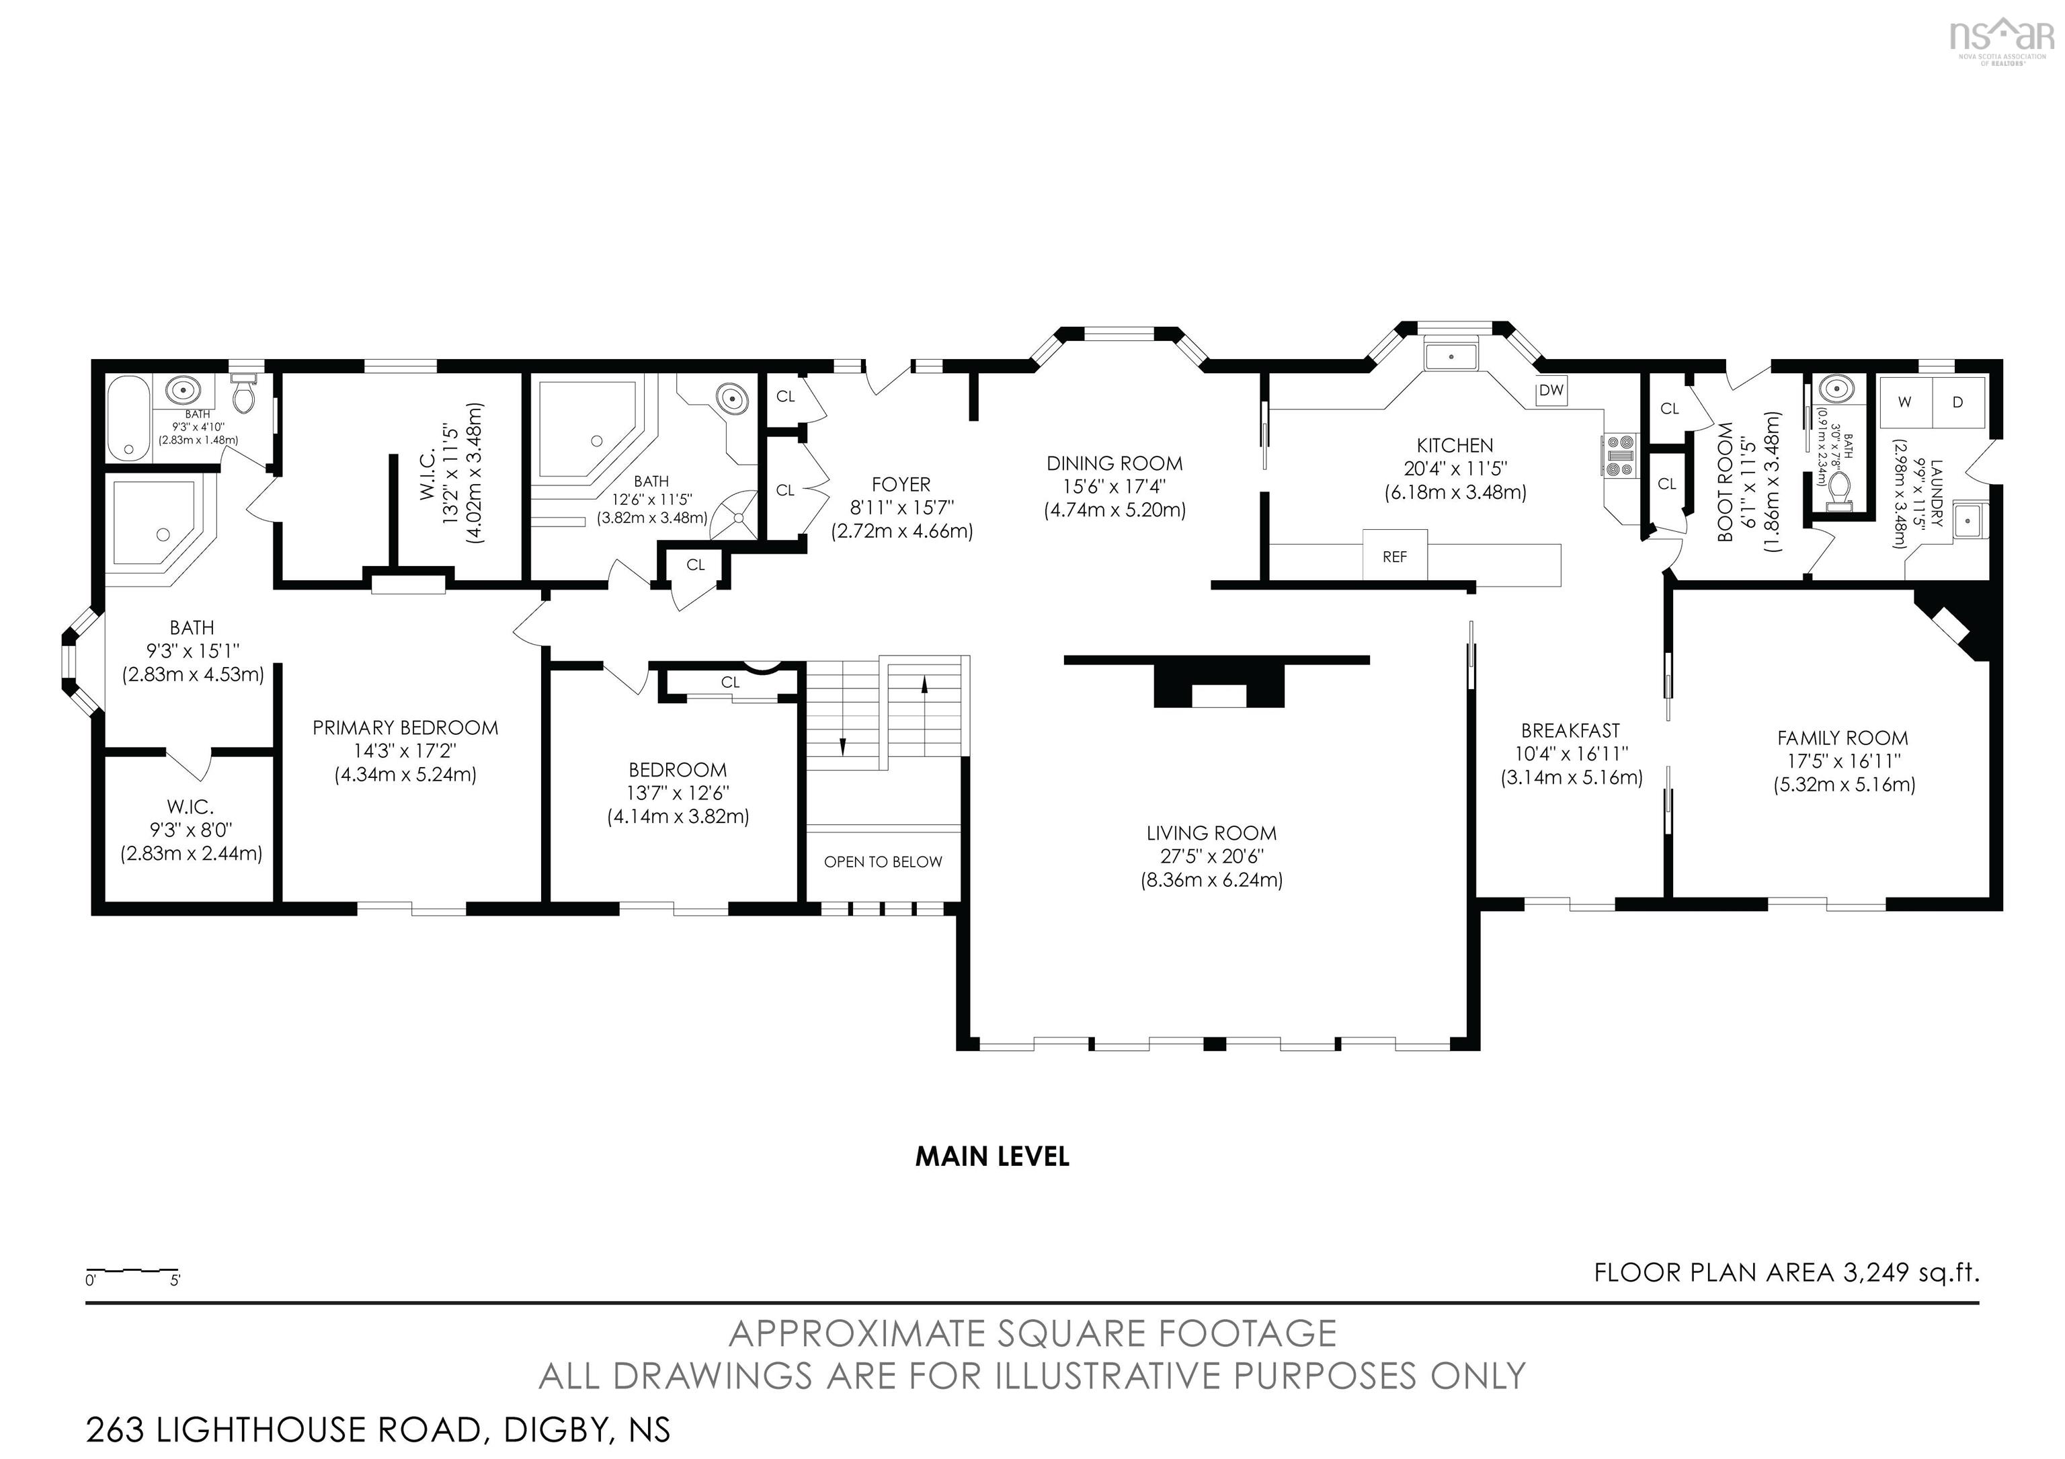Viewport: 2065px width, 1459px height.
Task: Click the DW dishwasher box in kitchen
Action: coord(1551,391)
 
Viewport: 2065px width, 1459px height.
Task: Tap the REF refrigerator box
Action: coord(1394,557)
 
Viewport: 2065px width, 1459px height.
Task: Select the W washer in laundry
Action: coord(1904,402)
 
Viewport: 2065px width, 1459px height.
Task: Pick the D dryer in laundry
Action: coord(1957,402)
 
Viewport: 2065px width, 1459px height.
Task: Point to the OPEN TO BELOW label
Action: coord(883,862)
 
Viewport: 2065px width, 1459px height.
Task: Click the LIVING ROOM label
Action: coord(1211,833)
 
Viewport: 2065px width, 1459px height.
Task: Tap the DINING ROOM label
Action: coord(1115,463)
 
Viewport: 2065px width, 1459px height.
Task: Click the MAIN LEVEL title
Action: coord(992,1156)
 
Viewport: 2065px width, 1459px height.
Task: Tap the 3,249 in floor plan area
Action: coord(1875,1273)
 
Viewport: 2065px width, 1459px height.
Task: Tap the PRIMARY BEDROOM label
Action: coord(405,727)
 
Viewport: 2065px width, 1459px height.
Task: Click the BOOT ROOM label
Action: coord(1724,482)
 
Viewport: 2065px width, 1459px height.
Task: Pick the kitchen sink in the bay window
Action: coord(1451,356)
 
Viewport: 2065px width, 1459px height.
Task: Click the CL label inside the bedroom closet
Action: coord(729,682)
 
